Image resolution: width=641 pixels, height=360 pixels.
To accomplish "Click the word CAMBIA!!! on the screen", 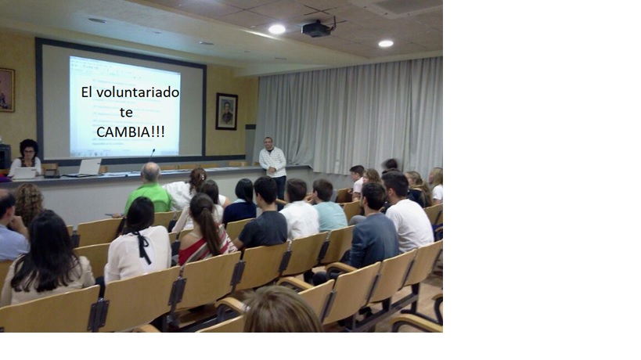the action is tap(131, 132).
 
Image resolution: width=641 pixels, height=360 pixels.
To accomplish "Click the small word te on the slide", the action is tap(126, 113).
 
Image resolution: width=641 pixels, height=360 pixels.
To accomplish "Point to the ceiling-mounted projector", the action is tap(317, 29).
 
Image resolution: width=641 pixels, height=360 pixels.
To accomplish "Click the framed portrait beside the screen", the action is tap(226, 112).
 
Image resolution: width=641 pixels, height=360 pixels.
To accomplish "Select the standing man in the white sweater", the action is tap(272, 167).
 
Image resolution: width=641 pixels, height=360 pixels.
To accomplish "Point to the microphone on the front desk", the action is tap(152, 154).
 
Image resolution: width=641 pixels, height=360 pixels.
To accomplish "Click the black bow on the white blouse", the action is tap(142, 247).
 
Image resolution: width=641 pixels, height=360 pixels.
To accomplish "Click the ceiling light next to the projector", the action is tap(277, 29).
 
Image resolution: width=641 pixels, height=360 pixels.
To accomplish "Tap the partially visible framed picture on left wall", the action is tap(7, 90).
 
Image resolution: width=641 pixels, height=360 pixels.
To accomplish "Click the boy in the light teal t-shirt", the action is tap(327, 206).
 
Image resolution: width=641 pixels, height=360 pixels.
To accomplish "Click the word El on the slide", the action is tap(86, 92).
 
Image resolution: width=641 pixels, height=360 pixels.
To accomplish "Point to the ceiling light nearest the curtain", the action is tap(386, 43).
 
